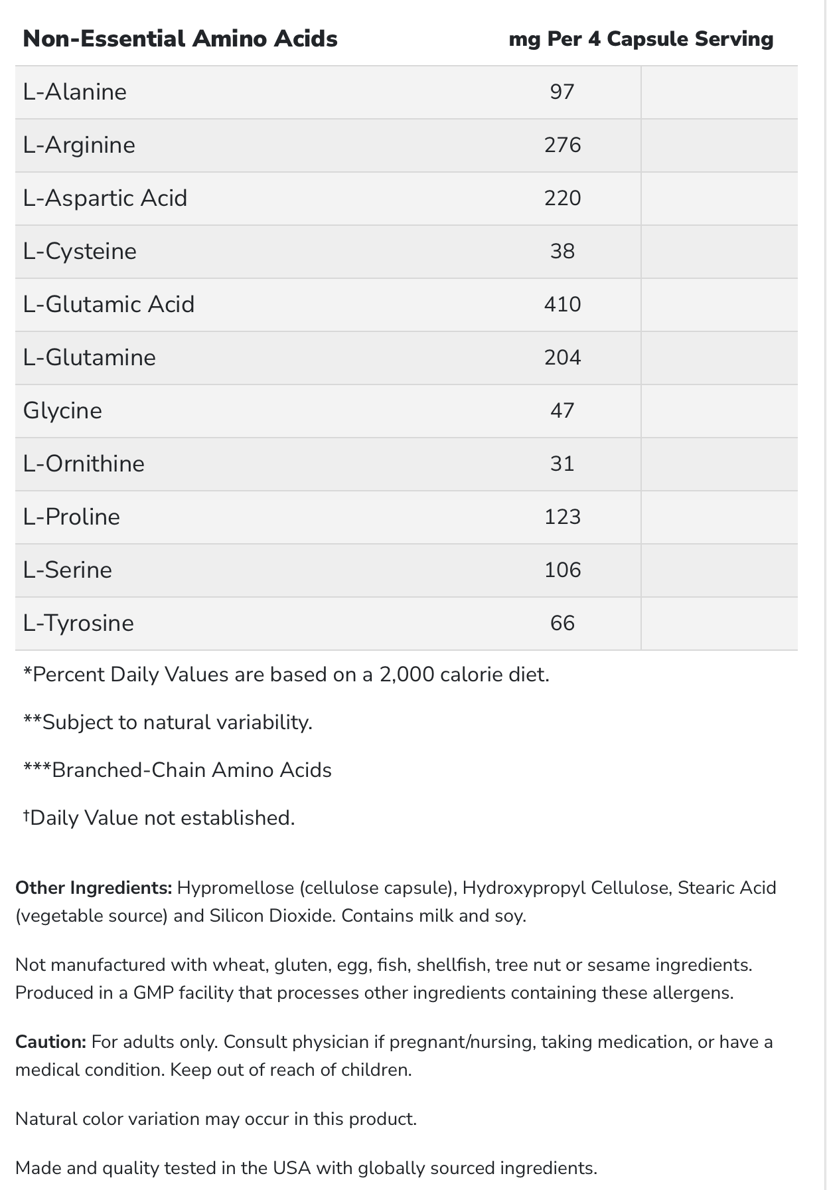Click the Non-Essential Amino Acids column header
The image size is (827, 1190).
point(180,39)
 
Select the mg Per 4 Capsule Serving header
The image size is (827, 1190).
point(640,39)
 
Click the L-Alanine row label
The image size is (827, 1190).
point(74,92)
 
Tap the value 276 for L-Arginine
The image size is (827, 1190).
point(562,145)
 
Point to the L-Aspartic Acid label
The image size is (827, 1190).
point(105,198)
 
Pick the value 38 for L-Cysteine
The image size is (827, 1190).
point(562,251)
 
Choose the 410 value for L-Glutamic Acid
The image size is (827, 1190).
point(562,304)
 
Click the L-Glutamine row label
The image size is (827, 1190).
point(89,357)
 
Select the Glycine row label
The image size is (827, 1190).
point(62,410)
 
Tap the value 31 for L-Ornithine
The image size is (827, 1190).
point(562,464)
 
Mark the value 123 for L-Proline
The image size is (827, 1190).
point(562,517)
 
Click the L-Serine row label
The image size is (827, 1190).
point(67,570)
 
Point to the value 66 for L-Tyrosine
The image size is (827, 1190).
point(562,623)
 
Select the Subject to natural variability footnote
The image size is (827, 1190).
point(167,722)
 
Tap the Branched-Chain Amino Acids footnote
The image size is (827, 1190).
point(177,770)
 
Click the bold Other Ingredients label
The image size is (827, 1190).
point(94,888)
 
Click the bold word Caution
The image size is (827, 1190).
point(50,1042)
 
